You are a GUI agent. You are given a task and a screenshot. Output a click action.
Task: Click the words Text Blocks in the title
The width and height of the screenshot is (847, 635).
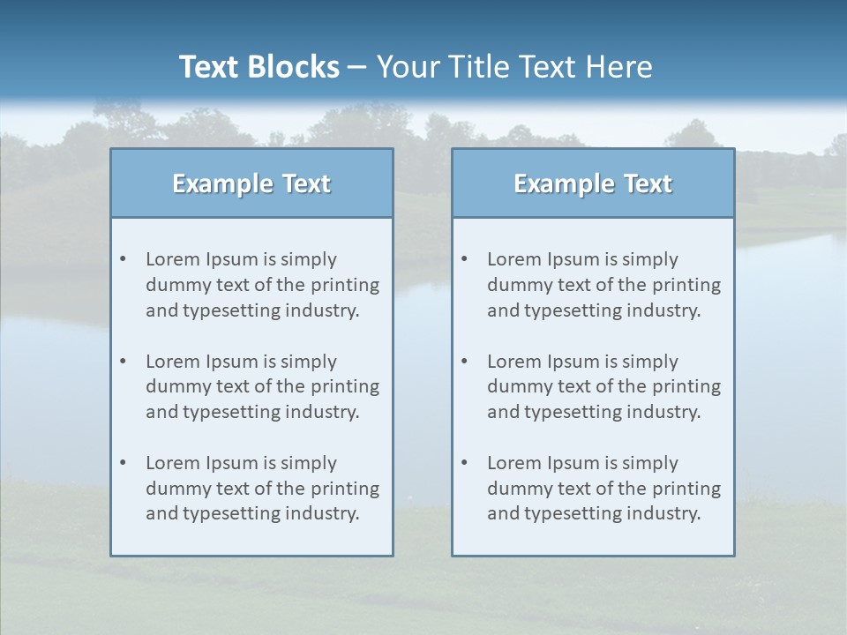pos(259,67)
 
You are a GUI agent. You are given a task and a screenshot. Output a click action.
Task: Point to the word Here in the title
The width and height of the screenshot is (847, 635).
pos(621,67)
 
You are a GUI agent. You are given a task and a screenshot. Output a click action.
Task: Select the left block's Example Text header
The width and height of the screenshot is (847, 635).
pos(251,183)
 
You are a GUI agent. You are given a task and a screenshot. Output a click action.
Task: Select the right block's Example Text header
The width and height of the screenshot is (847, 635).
pos(593,183)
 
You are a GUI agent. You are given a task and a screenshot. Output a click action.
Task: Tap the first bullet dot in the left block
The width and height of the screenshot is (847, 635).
pos(124,259)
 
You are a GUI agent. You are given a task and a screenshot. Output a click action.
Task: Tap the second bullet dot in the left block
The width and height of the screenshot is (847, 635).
pos(124,362)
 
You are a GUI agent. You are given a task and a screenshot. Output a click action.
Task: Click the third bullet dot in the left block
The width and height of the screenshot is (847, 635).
pos(124,463)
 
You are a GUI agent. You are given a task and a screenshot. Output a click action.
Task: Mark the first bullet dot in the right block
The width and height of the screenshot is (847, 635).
pos(465,259)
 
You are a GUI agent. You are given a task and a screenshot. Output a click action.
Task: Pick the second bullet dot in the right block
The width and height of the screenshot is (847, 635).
pos(465,362)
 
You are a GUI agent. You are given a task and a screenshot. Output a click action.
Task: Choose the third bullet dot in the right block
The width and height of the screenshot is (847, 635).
pos(465,463)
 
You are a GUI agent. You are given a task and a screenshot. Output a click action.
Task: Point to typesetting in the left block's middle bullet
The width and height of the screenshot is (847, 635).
pos(232,412)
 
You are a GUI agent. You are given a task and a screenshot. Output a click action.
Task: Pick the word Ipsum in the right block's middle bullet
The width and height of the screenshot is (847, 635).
pos(573,362)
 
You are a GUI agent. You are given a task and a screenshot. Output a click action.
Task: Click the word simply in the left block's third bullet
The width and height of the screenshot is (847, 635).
pos(309,463)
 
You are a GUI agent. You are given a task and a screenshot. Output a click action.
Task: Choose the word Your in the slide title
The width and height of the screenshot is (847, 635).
pos(409,67)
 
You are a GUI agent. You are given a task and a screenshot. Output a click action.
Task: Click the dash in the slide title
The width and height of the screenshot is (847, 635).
pos(357,67)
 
